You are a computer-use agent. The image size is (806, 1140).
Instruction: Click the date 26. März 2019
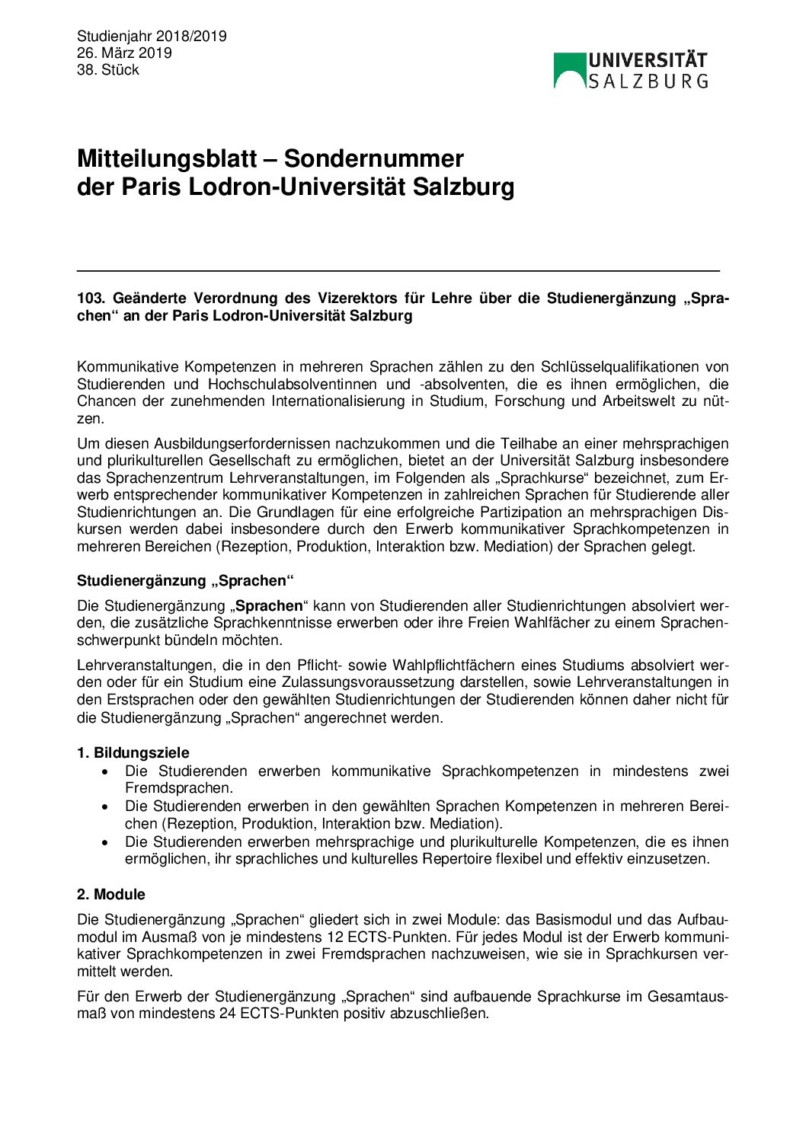124,53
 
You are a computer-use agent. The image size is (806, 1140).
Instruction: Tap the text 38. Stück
107,70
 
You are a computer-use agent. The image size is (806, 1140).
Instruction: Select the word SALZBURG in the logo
648,81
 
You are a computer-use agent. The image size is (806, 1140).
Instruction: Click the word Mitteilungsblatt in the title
167,159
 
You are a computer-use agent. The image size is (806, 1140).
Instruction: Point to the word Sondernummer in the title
373,159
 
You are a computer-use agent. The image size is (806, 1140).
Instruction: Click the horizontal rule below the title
398,270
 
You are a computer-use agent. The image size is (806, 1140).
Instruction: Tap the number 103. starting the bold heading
91,299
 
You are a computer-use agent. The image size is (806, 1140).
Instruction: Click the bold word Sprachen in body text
269,606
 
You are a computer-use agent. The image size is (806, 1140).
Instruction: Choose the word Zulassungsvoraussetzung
438,682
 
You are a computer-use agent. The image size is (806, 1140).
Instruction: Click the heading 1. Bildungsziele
133,753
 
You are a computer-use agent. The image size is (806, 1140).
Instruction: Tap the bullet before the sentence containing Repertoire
105,842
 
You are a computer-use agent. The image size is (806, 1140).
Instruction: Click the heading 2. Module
110,895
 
